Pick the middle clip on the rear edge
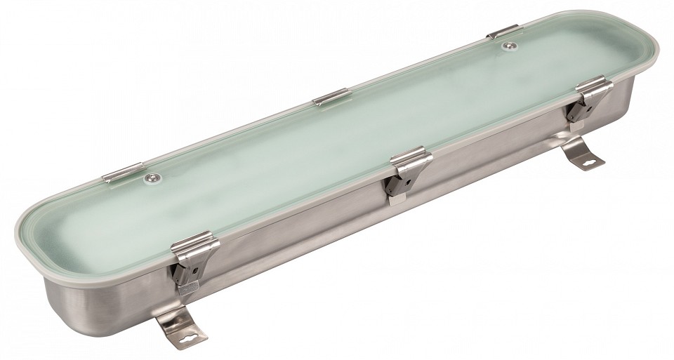[331, 97]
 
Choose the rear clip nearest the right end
[503, 32]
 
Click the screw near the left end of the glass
[150, 178]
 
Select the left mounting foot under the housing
[179, 324]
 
